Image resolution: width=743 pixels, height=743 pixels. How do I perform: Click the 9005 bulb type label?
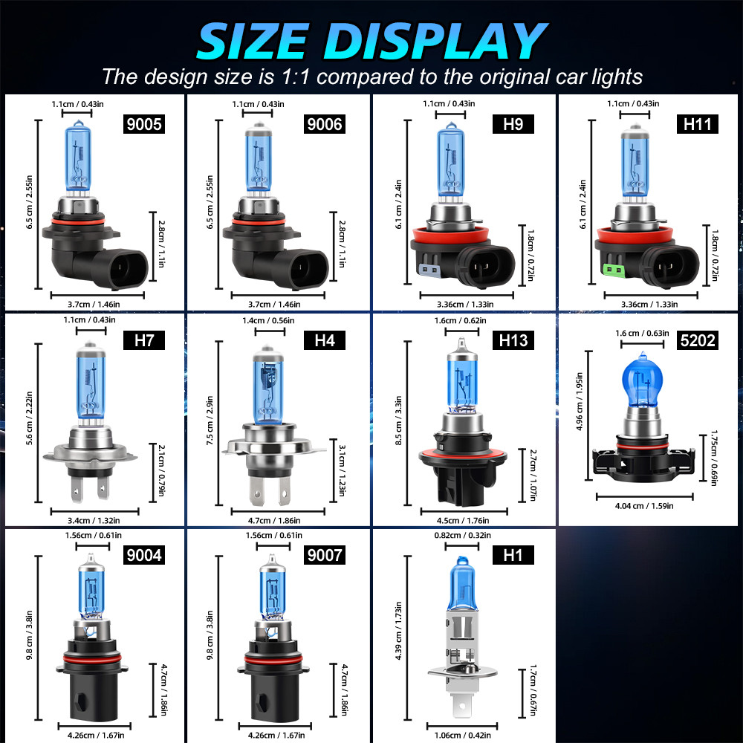pyautogui.click(x=143, y=123)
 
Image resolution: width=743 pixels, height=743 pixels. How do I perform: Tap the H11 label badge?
pyautogui.click(x=698, y=123)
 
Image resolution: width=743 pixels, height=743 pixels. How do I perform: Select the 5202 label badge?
pyautogui.click(x=698, y=340)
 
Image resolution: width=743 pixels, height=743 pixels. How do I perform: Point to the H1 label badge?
pyautogui.click(x=513, y=555)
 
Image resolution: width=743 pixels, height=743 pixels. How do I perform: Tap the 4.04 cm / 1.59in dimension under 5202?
pyautogui.click(x=644, y=506)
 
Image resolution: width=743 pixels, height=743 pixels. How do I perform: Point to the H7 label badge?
pyautogui.click(x=143, y=340)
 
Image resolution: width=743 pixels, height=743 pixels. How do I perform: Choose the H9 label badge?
pyautogui.click(x=513, y=123)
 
